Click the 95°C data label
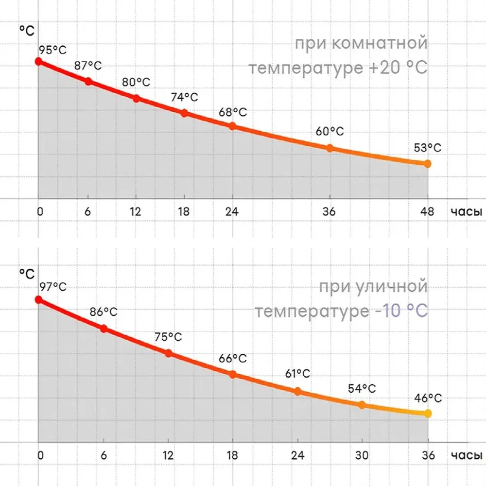pos(52,50)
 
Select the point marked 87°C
pos(88,81)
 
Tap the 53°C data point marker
pos(427,164)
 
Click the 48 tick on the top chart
pos(427,212)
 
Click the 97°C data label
pos(52,287)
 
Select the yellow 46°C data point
pos(428,413)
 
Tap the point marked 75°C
pos(168,353)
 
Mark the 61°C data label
pos(297,374)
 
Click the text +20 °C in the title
pos(396,68)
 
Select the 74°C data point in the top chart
pos(184,113)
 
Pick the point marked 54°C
pos(362,405)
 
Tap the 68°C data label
pos(232,112)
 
